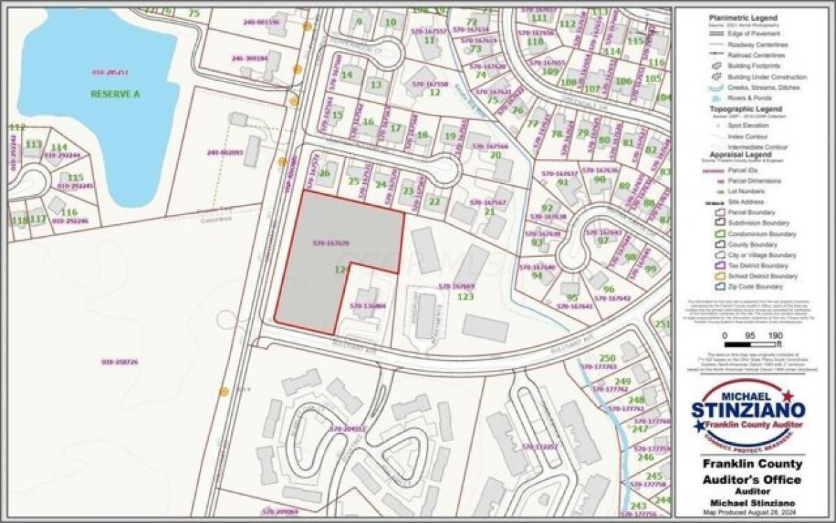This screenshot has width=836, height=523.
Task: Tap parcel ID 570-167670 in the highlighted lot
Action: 331,244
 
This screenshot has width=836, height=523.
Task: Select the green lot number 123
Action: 465,297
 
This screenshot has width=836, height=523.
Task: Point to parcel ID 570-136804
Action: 368,306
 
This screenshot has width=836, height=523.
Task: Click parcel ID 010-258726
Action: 120,362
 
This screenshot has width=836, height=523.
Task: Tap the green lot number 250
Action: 607,358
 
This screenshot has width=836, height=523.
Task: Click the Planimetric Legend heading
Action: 743,18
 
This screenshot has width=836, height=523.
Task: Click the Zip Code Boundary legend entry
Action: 755,287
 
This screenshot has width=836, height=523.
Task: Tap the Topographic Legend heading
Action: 745,109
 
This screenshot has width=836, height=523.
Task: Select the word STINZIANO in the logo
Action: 748,410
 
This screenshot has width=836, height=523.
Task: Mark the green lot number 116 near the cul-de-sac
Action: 69,212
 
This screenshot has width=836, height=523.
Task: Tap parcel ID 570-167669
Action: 456,286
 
